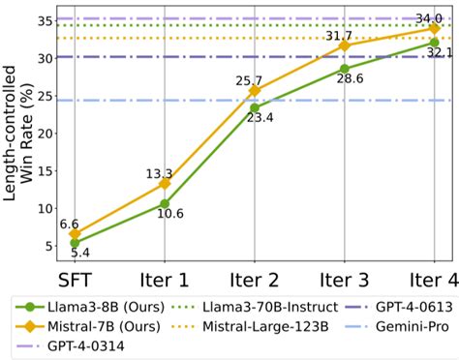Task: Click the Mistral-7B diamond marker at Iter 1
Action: tap(165, 183)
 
